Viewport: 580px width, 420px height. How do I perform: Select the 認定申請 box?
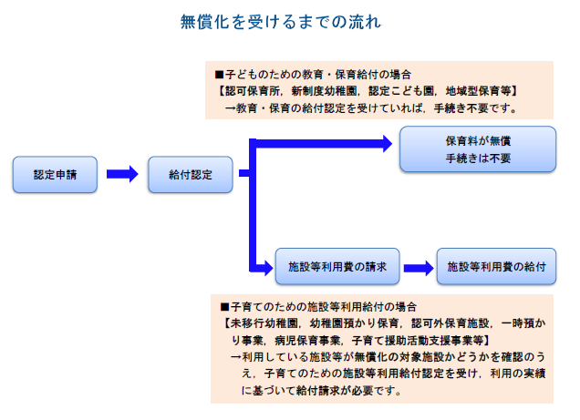click(x=55, y=174)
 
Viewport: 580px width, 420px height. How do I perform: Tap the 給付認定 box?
click(x=190, y=174)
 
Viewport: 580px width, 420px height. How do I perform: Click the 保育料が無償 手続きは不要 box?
click(x=477, y=149)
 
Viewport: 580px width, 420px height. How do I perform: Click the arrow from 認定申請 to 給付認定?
click(x=121, y=174)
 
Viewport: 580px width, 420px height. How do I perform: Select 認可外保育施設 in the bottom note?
click(x=451, y=323)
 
